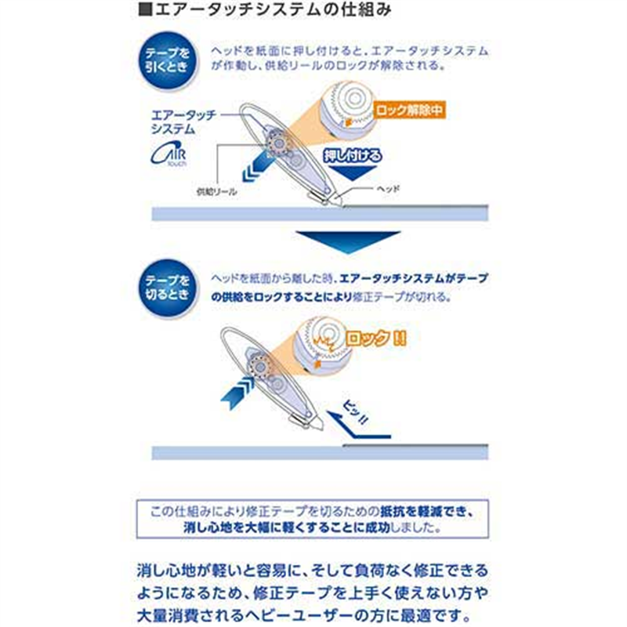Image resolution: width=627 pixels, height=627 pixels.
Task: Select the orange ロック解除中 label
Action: click(x=408, y=111)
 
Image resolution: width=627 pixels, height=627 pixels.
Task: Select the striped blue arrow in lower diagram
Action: click(x=237, y=390)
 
